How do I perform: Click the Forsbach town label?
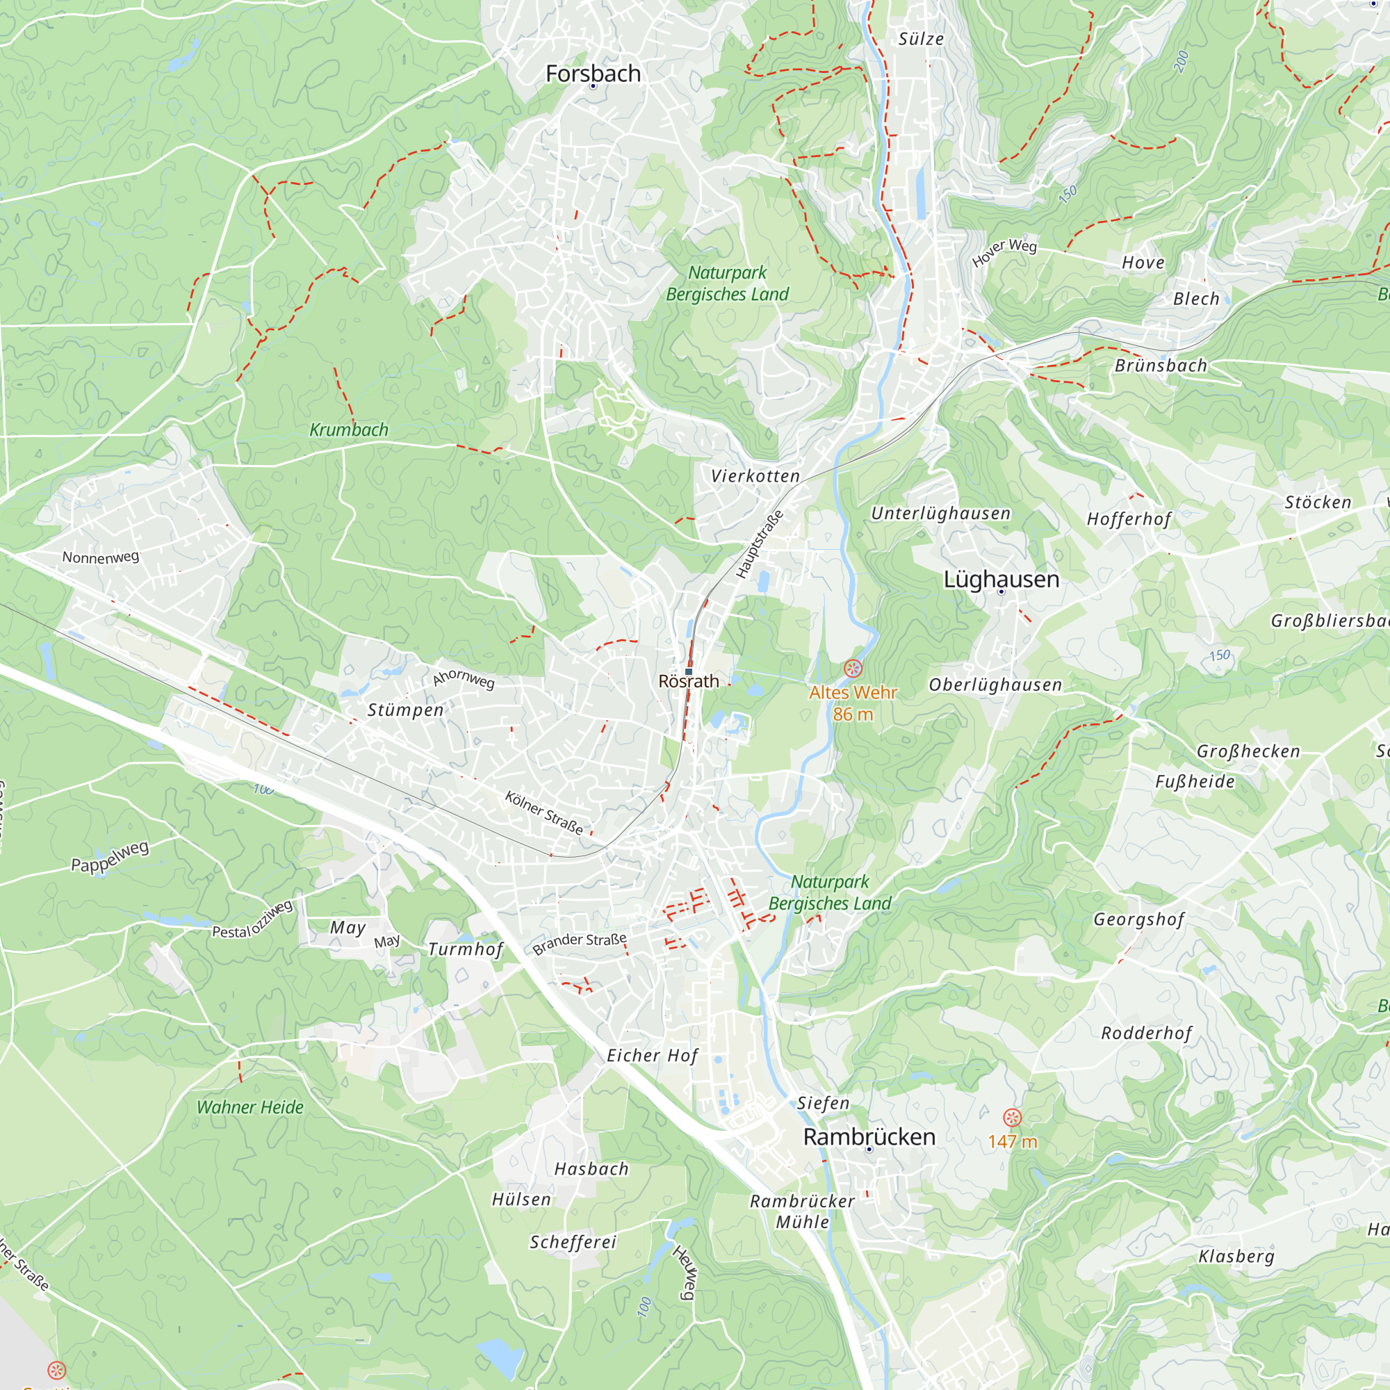[593, 74]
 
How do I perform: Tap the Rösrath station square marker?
[689, 671]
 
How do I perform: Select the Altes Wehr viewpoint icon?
[853, 669]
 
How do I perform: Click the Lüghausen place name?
[1001, 579]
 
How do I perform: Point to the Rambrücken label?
[869, 1137]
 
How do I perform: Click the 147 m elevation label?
[1013, 1142]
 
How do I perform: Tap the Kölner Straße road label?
[544, 812]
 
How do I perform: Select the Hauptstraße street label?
[759, 545]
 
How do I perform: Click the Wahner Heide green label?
[250, 1107]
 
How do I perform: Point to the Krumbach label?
[349, 430]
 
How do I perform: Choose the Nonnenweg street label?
[101, 557]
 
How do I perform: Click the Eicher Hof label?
[652, 1056]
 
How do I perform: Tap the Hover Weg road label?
[1004, 251]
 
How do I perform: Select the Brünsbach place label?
[1161, 366]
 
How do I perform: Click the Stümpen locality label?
[406, 710]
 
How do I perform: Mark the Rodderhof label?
[1147, 1033]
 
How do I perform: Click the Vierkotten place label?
[755, 475]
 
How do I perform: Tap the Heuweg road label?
[684, 1273]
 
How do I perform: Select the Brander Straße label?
[579, 943]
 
